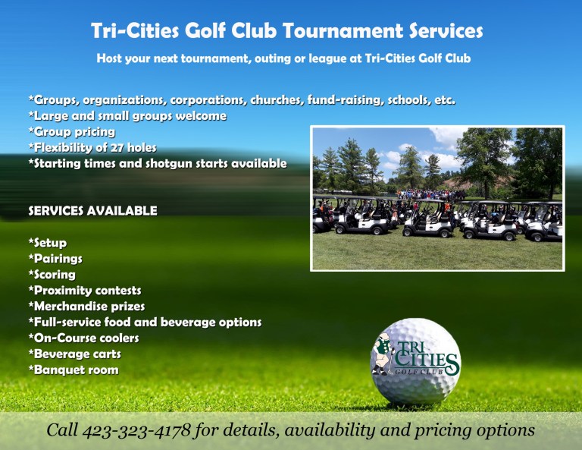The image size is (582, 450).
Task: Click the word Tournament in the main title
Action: click(343, 30)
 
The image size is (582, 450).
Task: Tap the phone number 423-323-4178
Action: click(136, 430)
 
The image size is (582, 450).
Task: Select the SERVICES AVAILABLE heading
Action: click(92, 211)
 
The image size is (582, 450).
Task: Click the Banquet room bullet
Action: click(74, 370)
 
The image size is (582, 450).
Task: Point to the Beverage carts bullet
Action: click(74, 354)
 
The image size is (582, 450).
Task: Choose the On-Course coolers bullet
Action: click(84, 338)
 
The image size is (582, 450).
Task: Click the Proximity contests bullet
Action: click(85, 291)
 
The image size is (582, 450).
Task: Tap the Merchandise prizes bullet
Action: click(87, 307)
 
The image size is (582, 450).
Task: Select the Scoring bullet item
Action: click(52, 275)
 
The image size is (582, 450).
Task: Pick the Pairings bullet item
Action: click(55, 259)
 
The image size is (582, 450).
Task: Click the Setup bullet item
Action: click(48, 243)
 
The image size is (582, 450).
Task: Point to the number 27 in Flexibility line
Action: click(117, 148)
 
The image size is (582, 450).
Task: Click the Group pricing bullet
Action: click(72, 132)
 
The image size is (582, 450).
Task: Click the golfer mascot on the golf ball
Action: click(383, 355)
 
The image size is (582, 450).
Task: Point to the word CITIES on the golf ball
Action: click(426, 359)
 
